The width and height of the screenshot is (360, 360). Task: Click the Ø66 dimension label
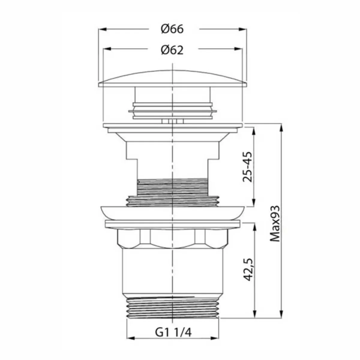coord(172,29)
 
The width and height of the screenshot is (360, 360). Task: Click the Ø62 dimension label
coord(172,50)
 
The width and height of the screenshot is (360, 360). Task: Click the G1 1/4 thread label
coord(173,332)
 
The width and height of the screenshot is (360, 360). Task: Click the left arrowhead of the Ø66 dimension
coord(102,29)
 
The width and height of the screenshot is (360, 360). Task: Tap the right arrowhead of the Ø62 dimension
coord(238,49)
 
